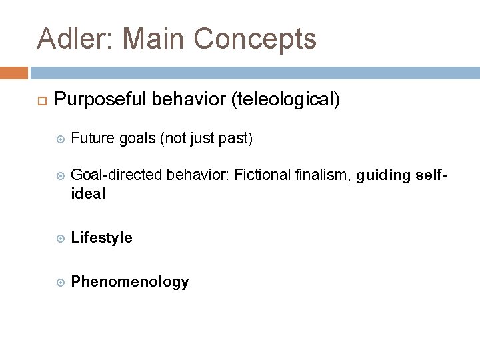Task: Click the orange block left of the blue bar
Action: coord(14,72)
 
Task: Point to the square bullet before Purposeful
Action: coord(39,101)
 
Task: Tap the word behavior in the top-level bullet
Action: coord(189,100)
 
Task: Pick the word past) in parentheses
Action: coord(235,139)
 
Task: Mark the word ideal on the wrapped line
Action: coord(88,195)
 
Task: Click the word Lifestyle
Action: coord(101,238)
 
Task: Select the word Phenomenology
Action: coord(129,282)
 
